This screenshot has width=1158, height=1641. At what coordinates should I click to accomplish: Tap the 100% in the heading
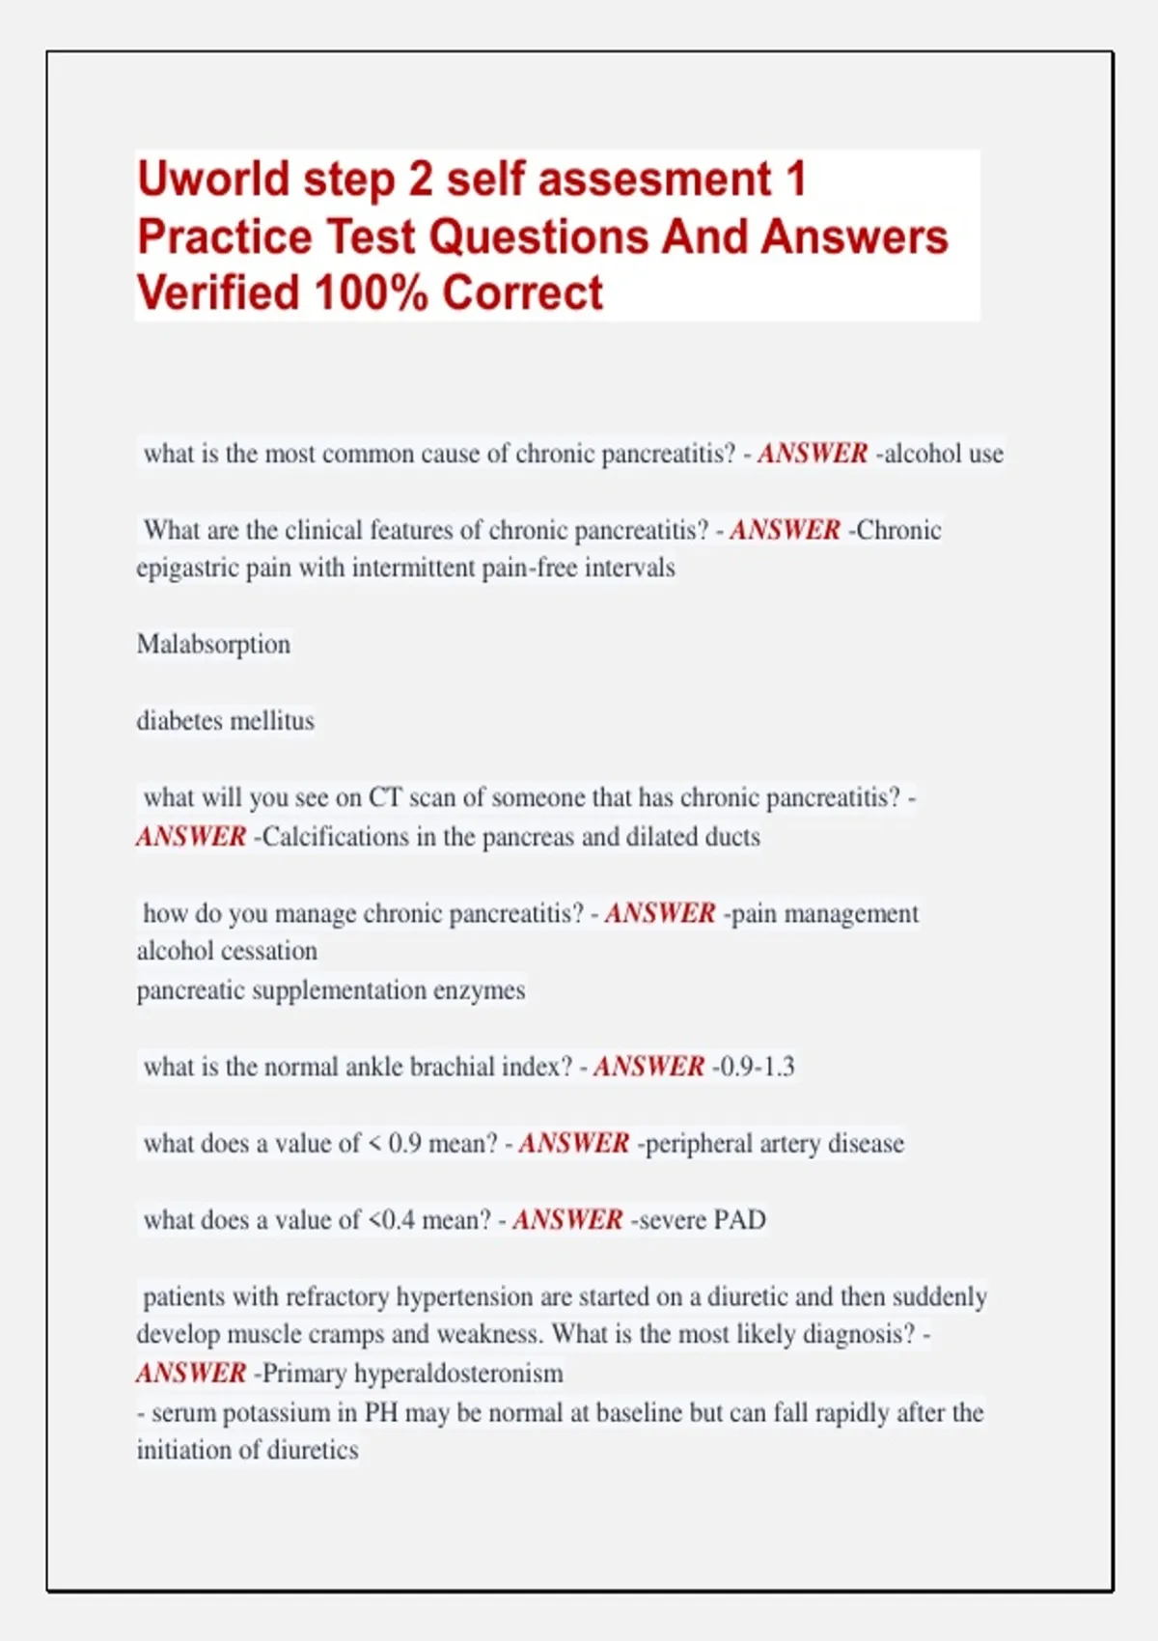coord(371,293)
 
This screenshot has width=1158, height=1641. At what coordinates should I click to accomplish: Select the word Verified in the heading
coord(218,293)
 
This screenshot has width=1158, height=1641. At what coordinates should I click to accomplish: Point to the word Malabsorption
coord(213,644)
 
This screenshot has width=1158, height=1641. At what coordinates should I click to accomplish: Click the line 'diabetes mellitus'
coord(225,721)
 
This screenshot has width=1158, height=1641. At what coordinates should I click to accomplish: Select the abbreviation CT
coord(385,797)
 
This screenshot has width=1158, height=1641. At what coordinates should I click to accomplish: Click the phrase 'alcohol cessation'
coord(227,951)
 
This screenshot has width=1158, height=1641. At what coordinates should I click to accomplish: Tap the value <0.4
coord(391,1220)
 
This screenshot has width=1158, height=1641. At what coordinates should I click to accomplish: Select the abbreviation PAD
coord(739,1220)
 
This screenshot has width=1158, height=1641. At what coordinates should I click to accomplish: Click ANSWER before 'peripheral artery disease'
coord(574,1144)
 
